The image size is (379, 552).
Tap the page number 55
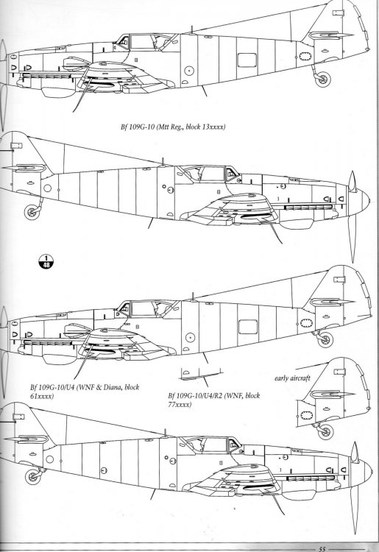click(322, 547)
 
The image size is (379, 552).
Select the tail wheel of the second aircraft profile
click(33, 211)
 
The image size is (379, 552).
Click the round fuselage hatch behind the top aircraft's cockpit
click(189, 71)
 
